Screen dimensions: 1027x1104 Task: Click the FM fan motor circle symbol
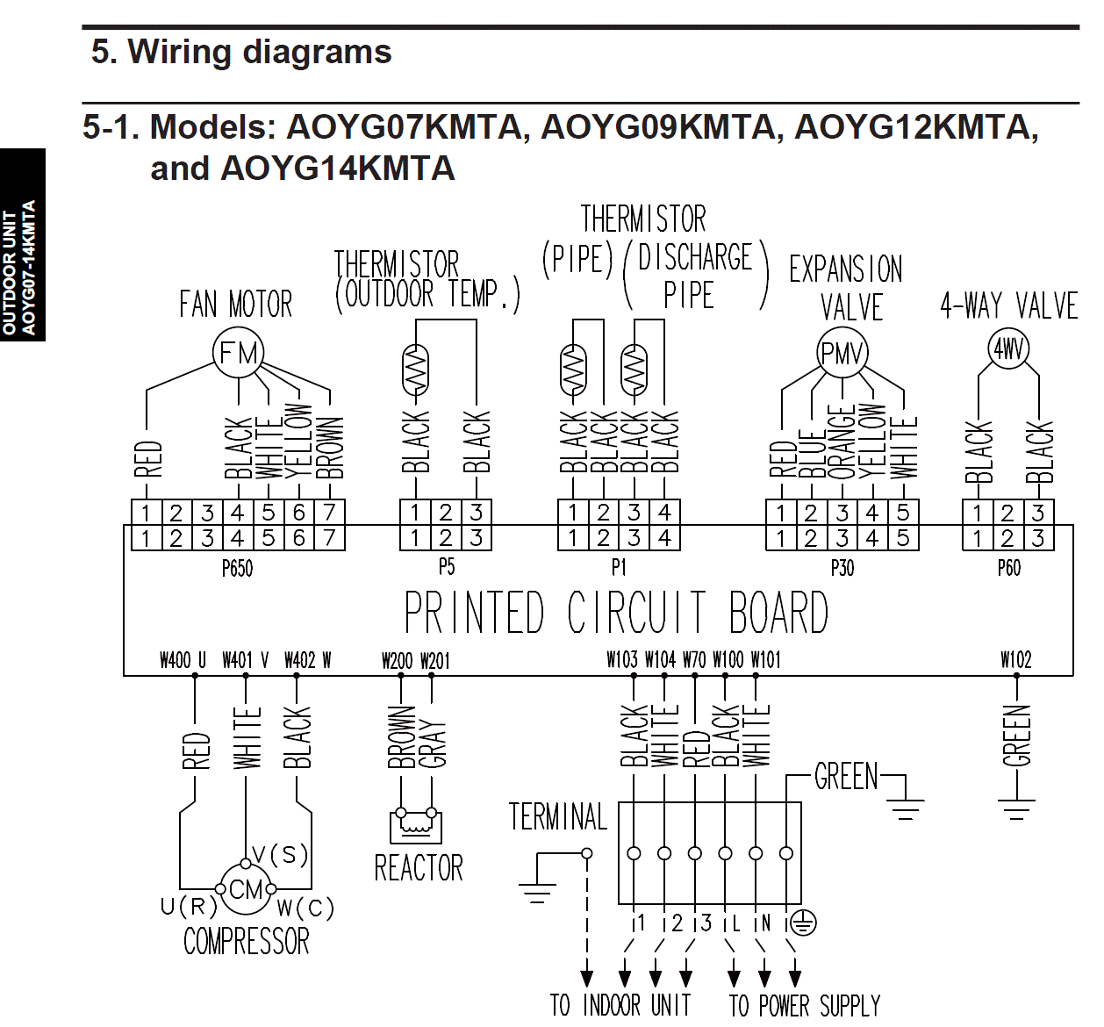(239, 354)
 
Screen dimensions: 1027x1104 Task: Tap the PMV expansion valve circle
(842, 353)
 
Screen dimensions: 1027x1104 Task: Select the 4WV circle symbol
(1008, 348)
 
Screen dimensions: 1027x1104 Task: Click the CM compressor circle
(246, 889)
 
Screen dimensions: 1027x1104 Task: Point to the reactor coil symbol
(415, 824)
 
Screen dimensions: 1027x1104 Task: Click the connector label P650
(237, 569)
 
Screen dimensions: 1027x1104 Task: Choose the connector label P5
(447, 567)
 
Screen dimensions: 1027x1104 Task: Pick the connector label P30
(842, 569)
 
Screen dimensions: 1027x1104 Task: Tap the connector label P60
(1008, 569)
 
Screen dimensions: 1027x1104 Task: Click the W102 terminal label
(1016, 659)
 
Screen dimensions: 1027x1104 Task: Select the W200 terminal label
(397, 660)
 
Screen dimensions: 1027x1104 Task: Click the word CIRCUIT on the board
(636, 612)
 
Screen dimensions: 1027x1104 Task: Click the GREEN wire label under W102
(1016, 736)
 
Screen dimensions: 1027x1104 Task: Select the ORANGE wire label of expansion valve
(842, 442)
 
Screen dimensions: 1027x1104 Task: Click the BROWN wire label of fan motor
(330, 447)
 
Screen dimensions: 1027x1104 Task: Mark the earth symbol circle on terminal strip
(803, 923)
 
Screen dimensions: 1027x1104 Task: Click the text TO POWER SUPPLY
(805, 1005)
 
